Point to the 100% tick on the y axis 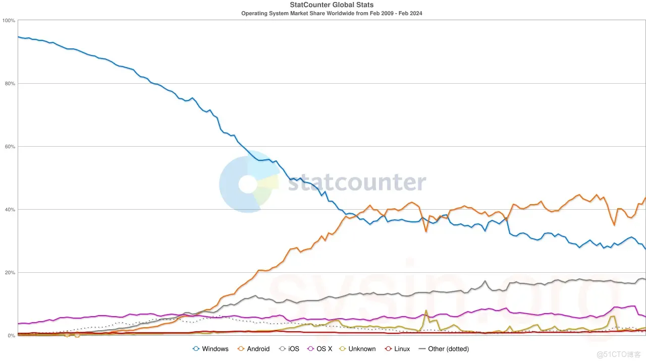click(x=9, y=21)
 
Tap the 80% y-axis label click(x=10, y=84)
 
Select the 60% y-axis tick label click(x=10, y=147)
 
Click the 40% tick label click(x=10, y=210)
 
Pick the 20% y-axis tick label click(x=10, y=273)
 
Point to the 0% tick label click(x=11, y=336)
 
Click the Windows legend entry click(x=210, y=349)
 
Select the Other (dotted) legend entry click(x=444, y=349)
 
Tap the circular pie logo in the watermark click(x=249, y=183)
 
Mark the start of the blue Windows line click(x=18, y=37)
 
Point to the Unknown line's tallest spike click(x=426, y=311)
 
